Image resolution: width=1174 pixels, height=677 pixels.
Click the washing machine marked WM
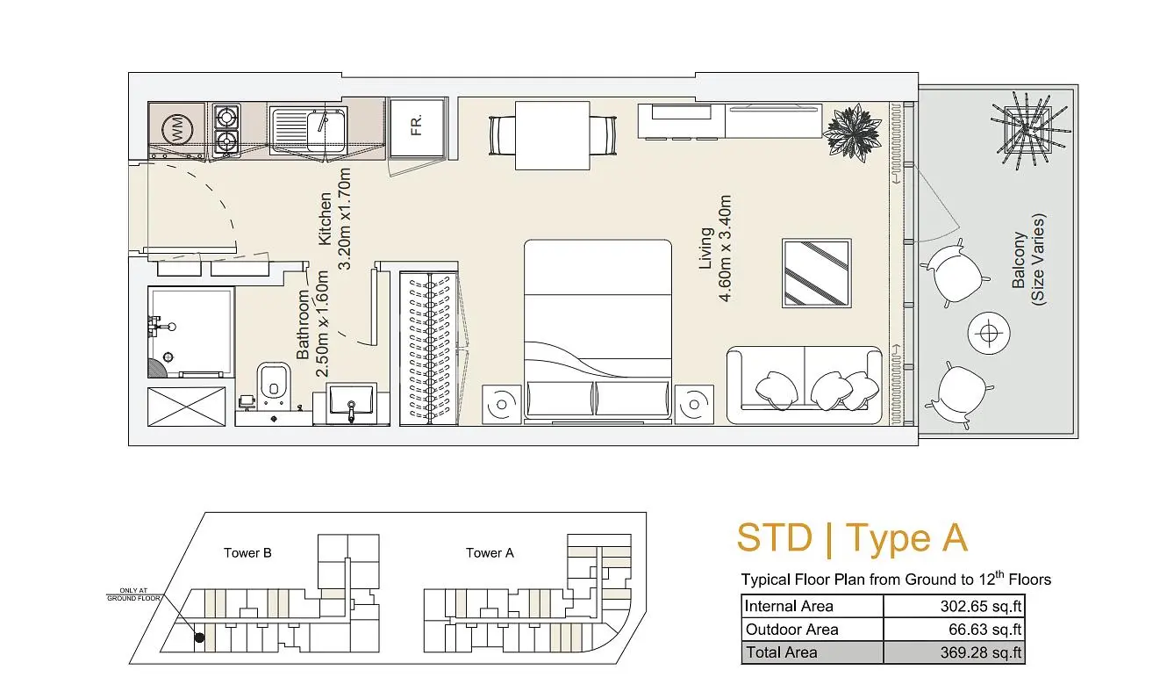pos(177,129)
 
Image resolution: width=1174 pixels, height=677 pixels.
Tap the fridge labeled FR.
pos(417,126)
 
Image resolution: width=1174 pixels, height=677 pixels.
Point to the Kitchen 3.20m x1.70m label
pos(334,219)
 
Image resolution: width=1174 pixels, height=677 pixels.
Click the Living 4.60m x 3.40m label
pos(715,248)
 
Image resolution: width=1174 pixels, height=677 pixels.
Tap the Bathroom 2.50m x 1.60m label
pos(312,324)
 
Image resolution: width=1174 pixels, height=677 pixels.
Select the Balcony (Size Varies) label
pos(1028,260)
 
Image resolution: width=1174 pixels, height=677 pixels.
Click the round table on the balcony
pos(989,334)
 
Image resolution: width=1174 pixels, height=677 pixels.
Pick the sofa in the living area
pos(805,385)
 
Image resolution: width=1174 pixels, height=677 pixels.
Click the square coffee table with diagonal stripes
pos(817,273)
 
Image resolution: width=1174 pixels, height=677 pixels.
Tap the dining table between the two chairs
pos(553,135)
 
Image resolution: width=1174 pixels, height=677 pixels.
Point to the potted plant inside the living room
pos(852,131)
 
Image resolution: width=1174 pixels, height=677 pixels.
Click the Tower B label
pos(247,552)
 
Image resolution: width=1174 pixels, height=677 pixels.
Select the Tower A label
pos(490,552)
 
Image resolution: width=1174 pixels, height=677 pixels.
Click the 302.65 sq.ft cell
pos(954,606)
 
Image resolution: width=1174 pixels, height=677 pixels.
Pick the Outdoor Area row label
pos(791,630)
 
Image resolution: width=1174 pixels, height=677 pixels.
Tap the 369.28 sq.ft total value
pos(981,652)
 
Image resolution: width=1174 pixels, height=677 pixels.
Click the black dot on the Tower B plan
pos(199,637)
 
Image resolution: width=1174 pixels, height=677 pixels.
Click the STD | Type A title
pos(852,538)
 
